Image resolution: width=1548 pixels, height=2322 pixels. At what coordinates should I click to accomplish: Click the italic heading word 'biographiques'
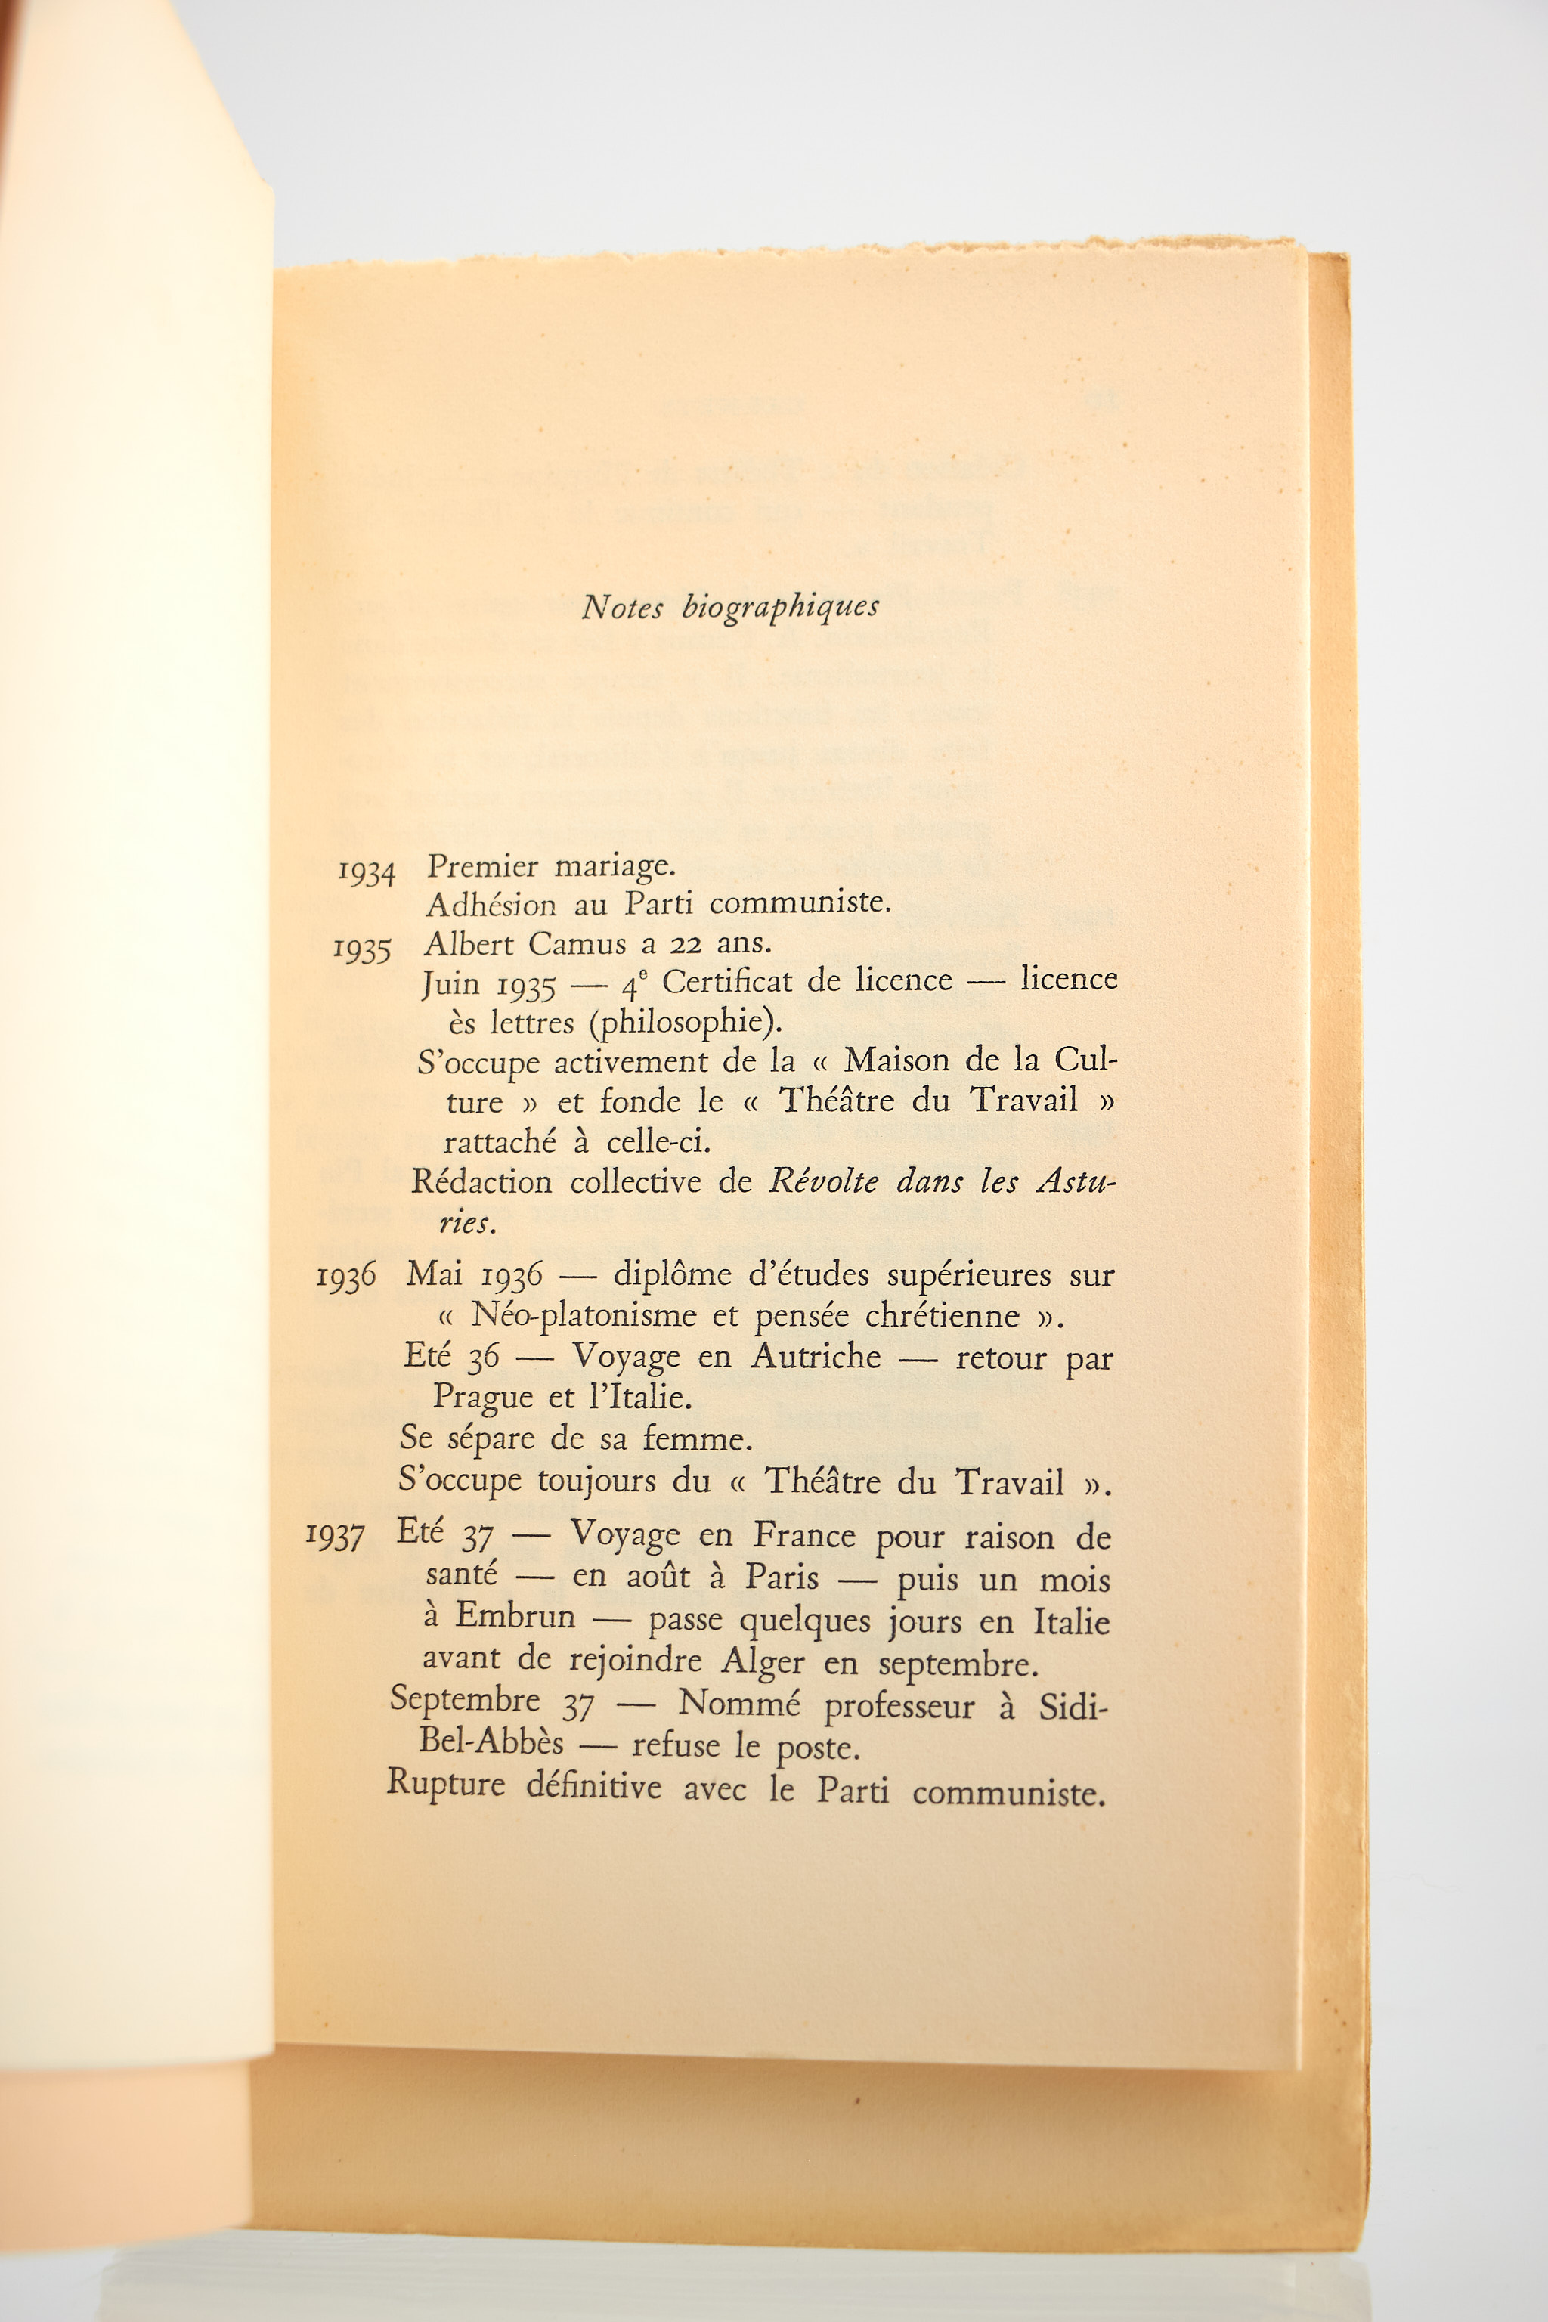[780, 607]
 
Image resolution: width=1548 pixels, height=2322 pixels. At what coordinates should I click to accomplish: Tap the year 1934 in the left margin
[367, 873]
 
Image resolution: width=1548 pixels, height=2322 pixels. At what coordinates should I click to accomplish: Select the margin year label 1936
[345, 1277]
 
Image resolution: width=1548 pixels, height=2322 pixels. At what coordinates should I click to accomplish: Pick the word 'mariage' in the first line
[613, 868]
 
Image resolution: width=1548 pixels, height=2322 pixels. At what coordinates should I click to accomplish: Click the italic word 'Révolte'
[823, 1181]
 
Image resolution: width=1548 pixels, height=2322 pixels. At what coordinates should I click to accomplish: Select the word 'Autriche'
[816, 1357]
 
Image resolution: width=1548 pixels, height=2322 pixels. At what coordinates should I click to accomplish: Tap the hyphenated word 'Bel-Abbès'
[491, 1741]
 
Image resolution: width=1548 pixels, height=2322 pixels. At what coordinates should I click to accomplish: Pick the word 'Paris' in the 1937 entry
[781, 1577]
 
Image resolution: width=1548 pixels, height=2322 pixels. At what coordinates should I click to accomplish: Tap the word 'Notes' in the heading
[622, 607]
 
